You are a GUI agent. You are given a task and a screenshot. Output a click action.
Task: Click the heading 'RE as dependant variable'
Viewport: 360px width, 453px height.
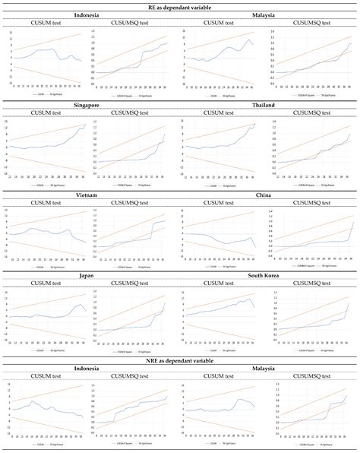[180, 6]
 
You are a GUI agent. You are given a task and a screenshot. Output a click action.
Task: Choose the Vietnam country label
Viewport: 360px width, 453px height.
[90, 194]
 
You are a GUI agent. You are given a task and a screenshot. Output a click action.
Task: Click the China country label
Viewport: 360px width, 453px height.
[270, 194]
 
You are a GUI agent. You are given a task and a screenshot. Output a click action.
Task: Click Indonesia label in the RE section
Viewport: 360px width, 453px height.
[90, 15]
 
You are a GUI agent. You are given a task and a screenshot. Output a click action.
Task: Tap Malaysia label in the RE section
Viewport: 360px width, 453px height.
[270, 15]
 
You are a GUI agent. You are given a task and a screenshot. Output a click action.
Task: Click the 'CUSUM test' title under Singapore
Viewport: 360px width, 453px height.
[46, 113]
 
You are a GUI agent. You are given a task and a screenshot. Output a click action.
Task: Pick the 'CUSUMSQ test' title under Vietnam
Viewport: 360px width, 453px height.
[134, 202]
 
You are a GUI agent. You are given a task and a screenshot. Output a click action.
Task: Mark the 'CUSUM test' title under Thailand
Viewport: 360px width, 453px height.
[225, 113]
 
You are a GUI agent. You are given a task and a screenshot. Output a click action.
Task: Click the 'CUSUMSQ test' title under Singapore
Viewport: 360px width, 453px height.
[134, 113]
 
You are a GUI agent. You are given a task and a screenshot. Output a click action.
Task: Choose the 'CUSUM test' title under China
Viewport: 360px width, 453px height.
[225, 202]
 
